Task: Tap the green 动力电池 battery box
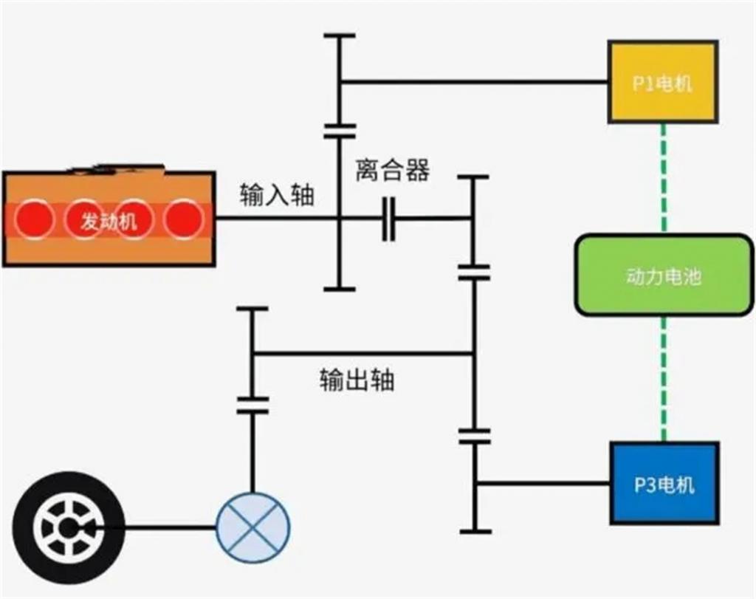(664, 275)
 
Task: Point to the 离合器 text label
(392, 171)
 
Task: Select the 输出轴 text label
(357, 379)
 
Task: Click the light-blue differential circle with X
(252, 527)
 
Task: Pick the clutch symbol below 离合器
(389, 219)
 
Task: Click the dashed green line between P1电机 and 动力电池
(664, 177)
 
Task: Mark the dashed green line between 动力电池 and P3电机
(664, 378)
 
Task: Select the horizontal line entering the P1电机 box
(472, 81)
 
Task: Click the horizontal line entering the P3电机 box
(543, 484)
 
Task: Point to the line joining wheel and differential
(170, 527)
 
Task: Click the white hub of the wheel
(69, 527)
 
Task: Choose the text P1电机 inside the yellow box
(662, 83)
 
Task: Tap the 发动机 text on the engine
(109, 220)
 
